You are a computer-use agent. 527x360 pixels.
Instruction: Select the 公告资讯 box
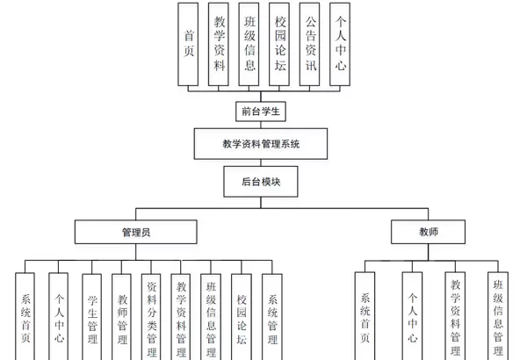point(309,44)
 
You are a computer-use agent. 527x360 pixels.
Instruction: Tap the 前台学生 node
point(263,112)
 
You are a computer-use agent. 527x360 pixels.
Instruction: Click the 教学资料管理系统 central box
point(262,143)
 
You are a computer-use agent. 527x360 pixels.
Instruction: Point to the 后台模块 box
point(262,182)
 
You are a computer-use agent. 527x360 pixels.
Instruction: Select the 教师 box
point(428,232)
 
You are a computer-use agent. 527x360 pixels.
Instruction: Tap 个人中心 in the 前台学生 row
point(339,44)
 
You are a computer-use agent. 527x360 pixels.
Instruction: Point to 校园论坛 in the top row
point(279,44)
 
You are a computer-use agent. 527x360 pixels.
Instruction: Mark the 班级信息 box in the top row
point(249,44)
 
